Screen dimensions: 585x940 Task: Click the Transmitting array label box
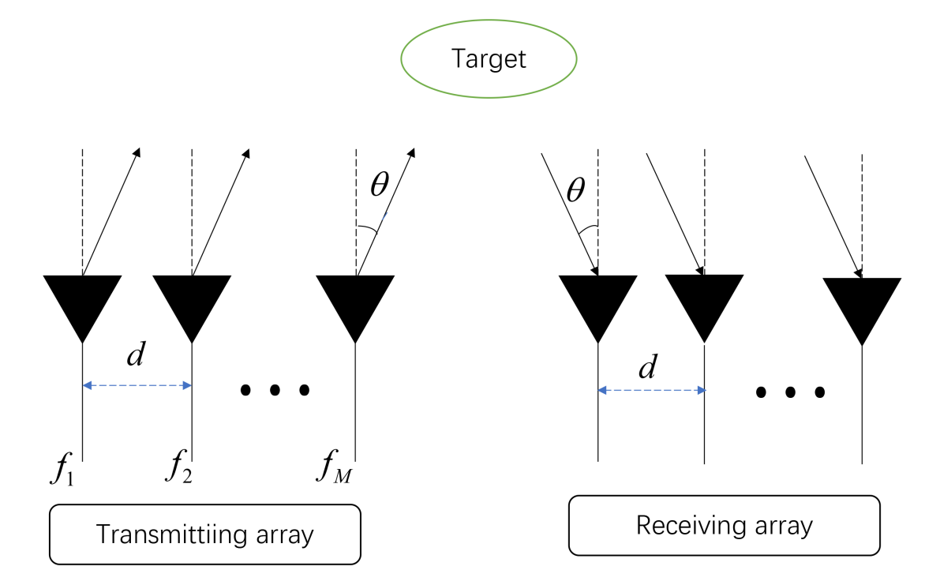coord(204,534)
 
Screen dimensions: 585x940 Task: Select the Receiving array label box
coord(724,525)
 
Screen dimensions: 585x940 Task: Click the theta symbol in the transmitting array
coord(380,185)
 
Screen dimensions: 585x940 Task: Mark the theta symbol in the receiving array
coord(576,190)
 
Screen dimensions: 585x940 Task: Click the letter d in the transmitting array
coord(136,356)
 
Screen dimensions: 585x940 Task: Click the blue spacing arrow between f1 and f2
coord(137,385)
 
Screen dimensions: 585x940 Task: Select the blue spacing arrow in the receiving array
coord(650,390)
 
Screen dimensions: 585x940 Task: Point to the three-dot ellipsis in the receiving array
coord(790,392)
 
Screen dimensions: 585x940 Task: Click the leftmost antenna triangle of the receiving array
coord(597,302)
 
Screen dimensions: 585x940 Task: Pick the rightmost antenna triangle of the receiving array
coord(862,305)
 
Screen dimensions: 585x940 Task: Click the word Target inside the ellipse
coord(489,59)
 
